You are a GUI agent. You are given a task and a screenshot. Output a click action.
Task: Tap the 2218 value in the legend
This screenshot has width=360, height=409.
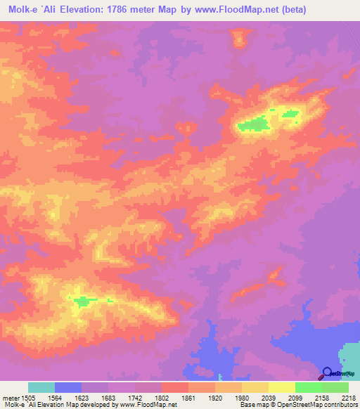[x=349, y=397]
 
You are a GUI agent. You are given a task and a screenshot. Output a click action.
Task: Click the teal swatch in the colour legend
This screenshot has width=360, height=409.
[x=41, y=387]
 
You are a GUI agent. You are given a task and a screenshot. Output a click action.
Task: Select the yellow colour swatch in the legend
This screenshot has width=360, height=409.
[x=255, y=387]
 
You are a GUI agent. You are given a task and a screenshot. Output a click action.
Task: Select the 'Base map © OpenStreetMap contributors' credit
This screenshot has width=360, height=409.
[x=298, y=405]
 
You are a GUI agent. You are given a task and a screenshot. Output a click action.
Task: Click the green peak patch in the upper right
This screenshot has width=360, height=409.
[x=254, y=126]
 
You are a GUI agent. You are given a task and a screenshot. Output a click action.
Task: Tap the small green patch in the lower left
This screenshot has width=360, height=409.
[x=83, y=301]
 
